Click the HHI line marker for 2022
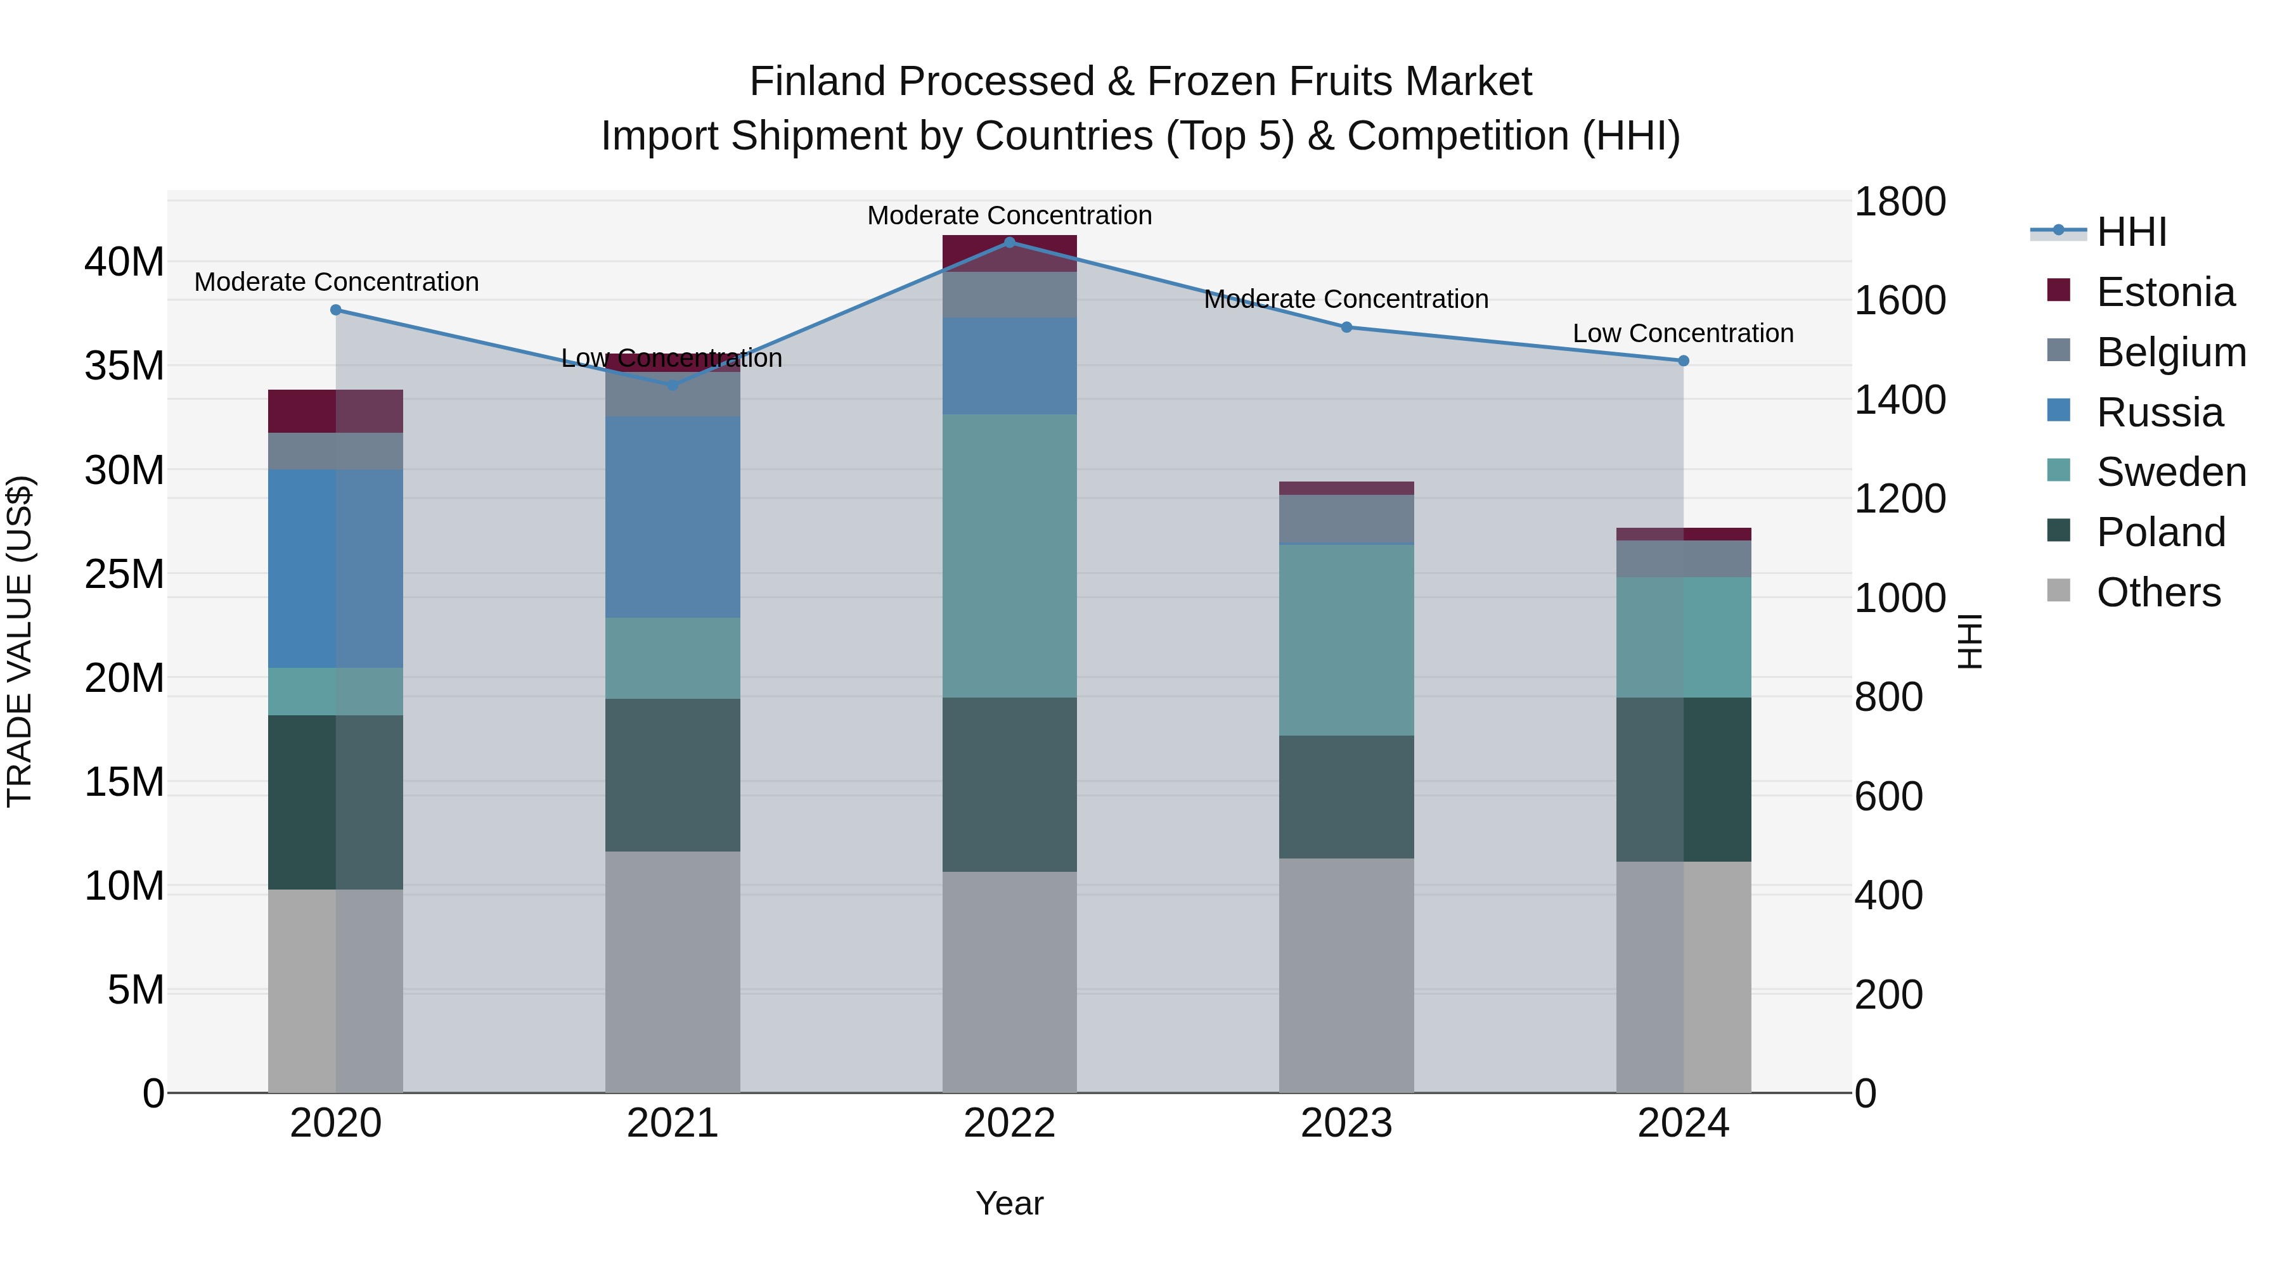tap(1009, 243)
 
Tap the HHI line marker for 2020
tap(336, 310)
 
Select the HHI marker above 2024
tap(1683, 361)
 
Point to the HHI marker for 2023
tap(1346, 327)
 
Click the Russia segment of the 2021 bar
tap(673, 516)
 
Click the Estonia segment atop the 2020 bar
tap(336, 411)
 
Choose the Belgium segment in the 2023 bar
tap(1346, 518)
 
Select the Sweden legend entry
tap(2170, 472)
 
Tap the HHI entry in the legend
tap(2131, 232)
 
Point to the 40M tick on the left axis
tap(124, 262)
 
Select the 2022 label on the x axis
tap(1009, 1123)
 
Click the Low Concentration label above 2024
tap(1682, 334)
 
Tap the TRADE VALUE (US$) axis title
tap(20, 641)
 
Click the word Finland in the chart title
tap(817, 82)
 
